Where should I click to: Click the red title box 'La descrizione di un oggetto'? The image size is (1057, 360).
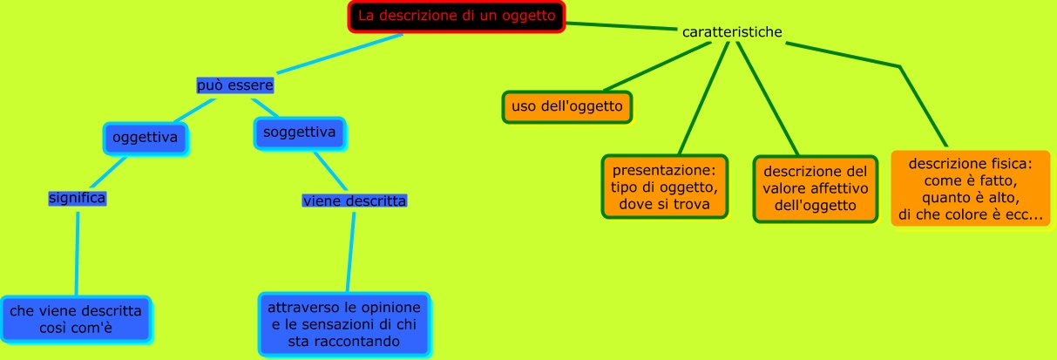pos(457,16)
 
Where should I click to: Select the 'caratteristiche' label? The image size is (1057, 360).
pos(732,32)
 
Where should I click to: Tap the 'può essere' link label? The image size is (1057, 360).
pos(235,85)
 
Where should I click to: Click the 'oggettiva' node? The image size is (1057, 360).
pos(146,138)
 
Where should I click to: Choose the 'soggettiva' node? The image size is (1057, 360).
pos(299,133)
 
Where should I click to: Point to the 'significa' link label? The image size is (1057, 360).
pos(78,198)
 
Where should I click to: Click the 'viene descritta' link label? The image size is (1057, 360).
pos(355,201)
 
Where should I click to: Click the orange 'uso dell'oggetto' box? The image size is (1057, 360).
pos(567,107)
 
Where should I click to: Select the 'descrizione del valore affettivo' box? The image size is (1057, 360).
pos(816,189)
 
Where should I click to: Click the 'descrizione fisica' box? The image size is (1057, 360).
pos(970,189)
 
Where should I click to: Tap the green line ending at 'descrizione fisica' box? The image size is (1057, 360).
pos(923,105)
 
